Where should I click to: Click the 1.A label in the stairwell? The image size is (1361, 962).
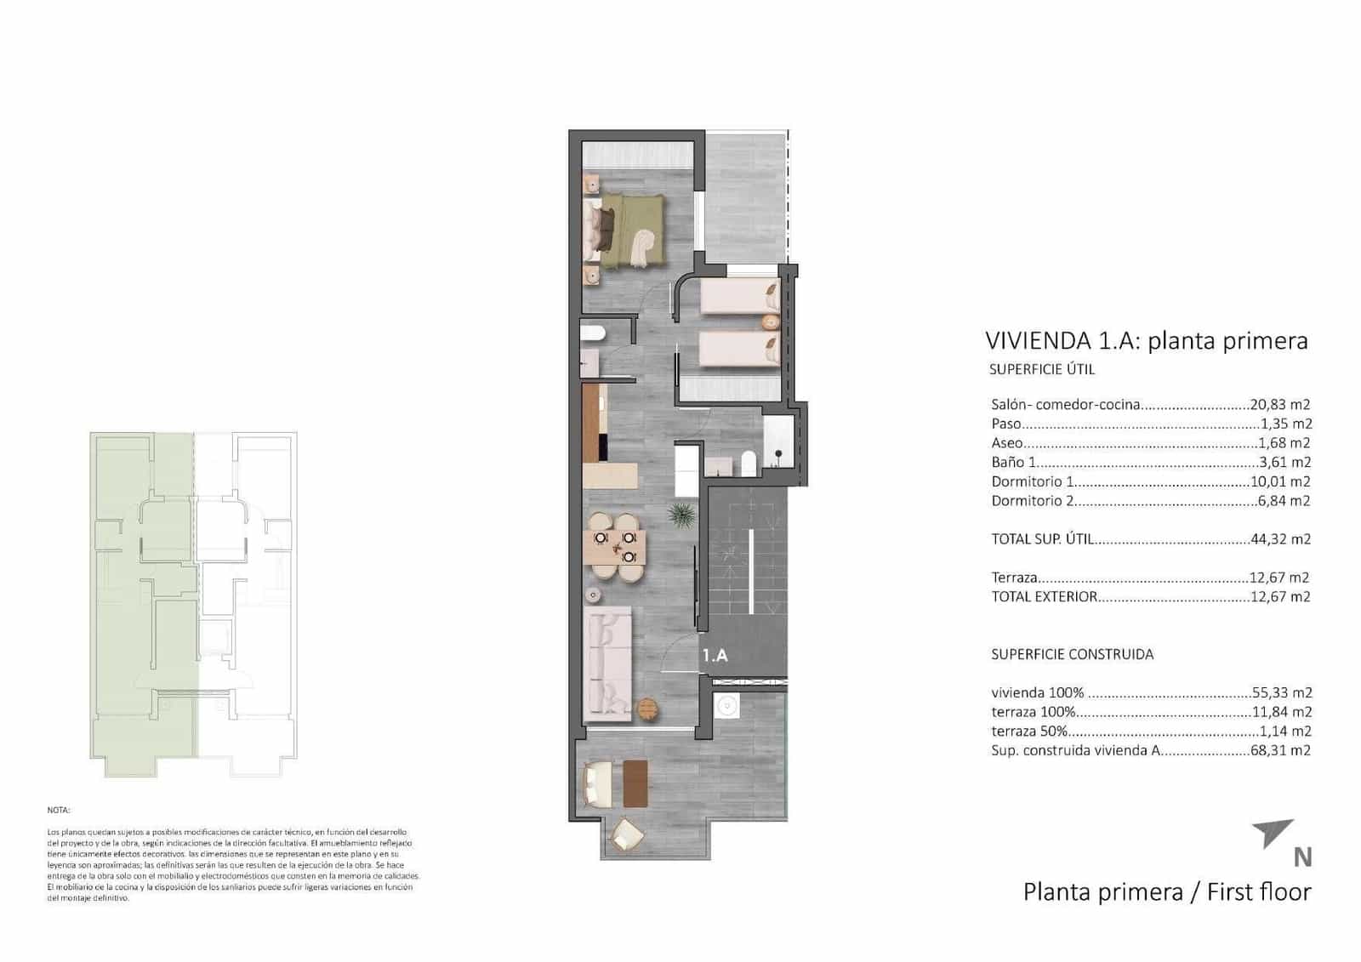tap(715, 655)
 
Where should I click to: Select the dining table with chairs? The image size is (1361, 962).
tap(614, 547)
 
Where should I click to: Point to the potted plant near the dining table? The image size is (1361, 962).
tap(680, 514)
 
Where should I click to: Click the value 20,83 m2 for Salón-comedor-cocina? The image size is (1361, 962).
tap(1280, 405)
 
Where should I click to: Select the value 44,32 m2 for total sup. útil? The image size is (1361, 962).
tap(1280, 538)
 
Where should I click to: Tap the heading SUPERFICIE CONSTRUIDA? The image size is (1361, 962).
tap(1072, 654)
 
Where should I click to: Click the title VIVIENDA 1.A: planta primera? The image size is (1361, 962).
tap(1146, 341)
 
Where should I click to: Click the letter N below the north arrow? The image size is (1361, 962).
tap(1301, 857)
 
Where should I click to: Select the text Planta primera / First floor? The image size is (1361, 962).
tap(1166, 891)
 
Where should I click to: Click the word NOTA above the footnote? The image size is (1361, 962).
tap(59, 811)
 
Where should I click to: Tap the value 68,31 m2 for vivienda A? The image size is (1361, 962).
tap(1280, 750)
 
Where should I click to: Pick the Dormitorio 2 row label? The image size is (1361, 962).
tap(1032, 501)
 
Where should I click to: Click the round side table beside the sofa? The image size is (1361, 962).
tap(647, 708)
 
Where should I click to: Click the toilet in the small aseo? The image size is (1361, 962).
tap(593, 333)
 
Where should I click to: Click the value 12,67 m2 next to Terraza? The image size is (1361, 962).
tap(1280, 578)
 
